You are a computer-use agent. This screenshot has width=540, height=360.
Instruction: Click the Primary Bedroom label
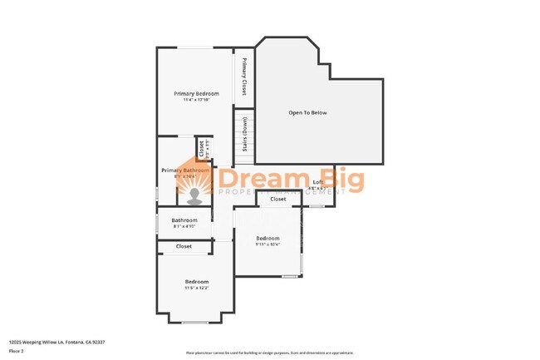pos(196,93)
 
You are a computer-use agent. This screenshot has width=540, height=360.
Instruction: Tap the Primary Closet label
pos(244,76)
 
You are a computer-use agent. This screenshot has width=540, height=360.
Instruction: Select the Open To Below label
pos(307,112)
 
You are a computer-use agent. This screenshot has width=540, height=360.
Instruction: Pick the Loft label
pos(317,181)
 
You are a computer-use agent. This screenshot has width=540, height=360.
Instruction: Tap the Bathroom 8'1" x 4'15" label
pos(184,220)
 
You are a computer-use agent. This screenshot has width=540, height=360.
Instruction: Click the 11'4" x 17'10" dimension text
pos(196,100)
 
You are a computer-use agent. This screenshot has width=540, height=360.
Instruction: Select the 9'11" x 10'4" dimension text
pos(268,244)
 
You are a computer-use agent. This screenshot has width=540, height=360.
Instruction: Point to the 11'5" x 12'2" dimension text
pos(197,288)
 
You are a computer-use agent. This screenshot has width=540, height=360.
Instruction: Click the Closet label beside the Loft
pos(278,199)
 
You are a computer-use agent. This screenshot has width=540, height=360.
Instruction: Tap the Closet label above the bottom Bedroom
pos(184,246)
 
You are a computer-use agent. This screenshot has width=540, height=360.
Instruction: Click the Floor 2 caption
pos(17,351)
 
